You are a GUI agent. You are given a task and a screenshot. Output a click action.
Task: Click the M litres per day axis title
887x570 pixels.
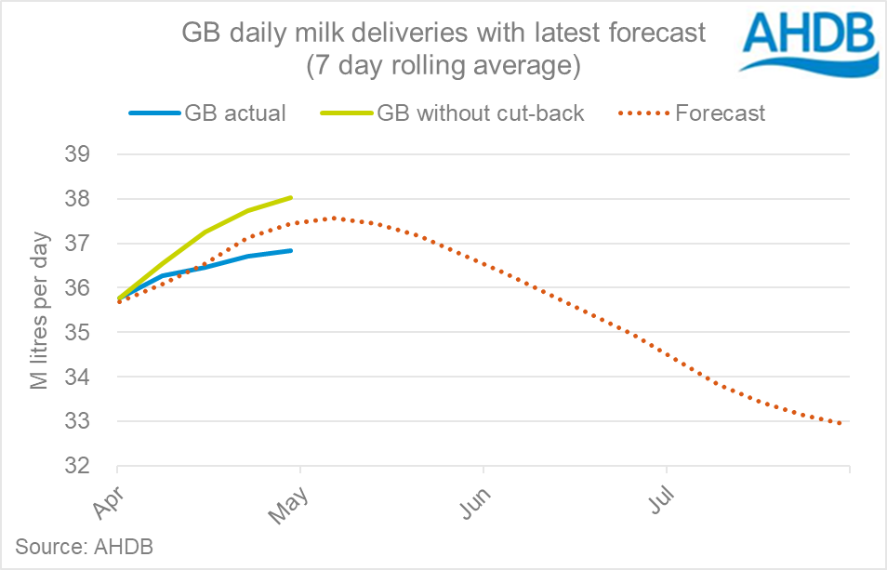point(40,309)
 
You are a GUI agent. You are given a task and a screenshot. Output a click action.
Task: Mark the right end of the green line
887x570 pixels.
point(292,197)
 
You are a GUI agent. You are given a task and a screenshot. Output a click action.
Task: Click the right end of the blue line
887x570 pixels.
point(292,250)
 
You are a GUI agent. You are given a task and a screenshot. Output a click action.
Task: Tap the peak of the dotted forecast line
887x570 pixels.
point(333,219)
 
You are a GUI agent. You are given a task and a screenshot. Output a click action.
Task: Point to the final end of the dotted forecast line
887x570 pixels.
point(843,424)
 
